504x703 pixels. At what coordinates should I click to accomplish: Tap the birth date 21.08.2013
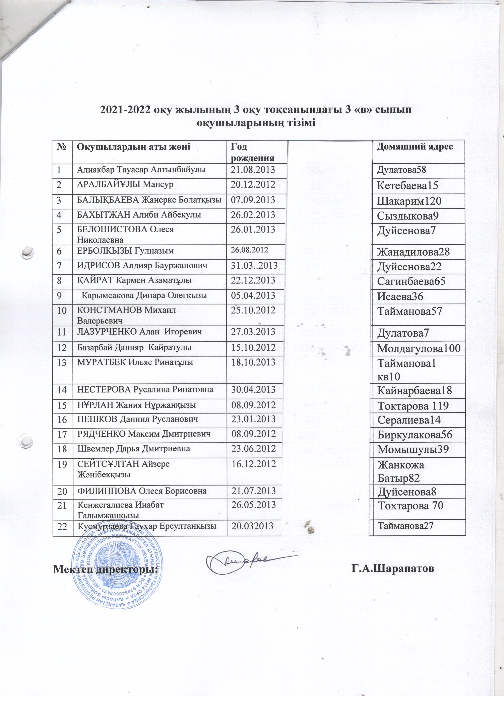(x=253, y=170)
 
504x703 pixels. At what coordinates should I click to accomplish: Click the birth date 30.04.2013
(x=253, y=390)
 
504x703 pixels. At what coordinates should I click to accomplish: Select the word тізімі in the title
(x=301, y=123)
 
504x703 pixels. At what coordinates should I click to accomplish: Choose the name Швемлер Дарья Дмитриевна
(x=133, y=448)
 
